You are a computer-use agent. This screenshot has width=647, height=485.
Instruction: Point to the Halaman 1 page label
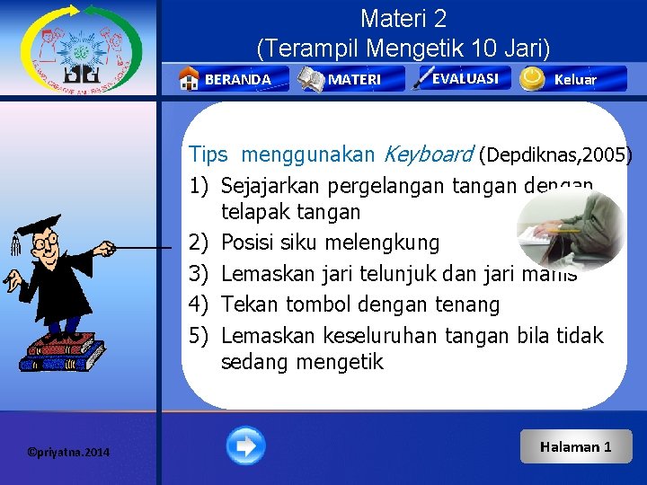tap(575, 446)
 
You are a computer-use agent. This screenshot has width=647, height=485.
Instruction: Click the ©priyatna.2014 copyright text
tap(68, 452)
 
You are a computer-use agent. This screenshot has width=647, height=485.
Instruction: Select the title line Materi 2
tap(403, 18)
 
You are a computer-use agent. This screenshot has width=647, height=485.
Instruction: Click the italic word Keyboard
tap(428, 154)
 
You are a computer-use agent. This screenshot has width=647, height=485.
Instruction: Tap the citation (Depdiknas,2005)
tap(555, 154)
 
